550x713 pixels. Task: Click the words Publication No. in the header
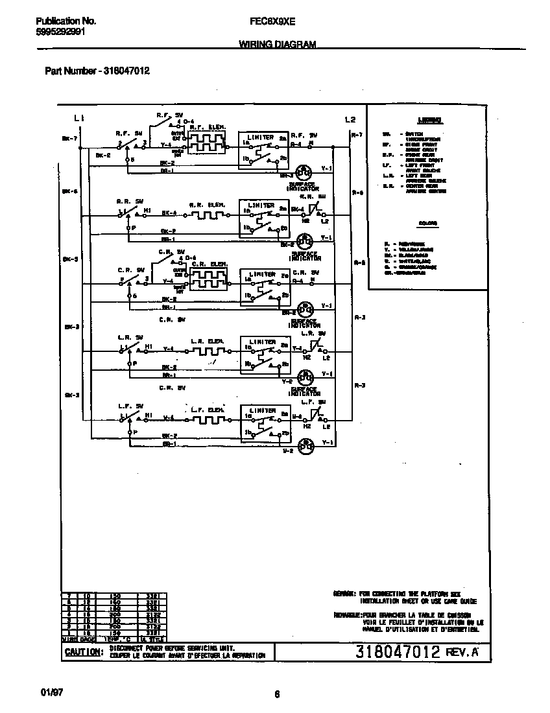point(66,21)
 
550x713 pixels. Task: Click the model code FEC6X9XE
point(272,21)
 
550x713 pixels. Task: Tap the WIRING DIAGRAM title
point(277,45)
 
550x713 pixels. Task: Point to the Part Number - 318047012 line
point(97,71)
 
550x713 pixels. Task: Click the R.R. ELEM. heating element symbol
point(206,214)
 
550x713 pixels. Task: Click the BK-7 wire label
point(69,138)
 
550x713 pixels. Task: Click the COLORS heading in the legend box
point(428,223)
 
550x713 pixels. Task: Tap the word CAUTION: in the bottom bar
point(83,652)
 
